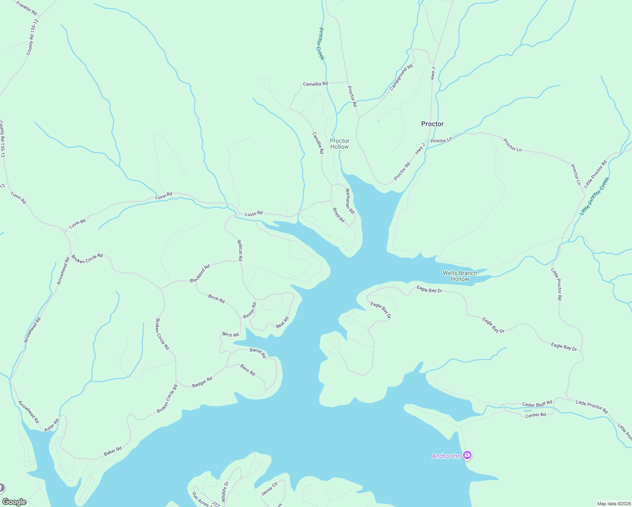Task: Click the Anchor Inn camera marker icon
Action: coord(467,455)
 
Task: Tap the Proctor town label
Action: coord(432,124)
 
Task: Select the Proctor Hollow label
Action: coord(340,144)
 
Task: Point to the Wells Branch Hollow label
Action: coord(460,276)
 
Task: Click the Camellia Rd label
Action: coord(315,84)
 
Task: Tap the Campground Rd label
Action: coord(401,77)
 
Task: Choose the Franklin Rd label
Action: coord(27,8)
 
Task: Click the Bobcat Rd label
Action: coord(240,250)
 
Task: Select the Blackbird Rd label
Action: coord(200,274)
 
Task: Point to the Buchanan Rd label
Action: coord(350,201)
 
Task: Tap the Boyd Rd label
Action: coord(338,215)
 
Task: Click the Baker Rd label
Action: coord(113,452)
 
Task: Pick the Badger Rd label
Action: coord(202,382)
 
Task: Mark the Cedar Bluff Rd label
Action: coord(537,404)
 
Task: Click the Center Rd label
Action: coord(535,415)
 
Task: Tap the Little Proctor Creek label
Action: coord(594,196)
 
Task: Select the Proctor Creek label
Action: coord(321,44)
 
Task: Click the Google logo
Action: coord(14,502)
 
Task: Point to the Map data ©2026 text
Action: coord(613,504)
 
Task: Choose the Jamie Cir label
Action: coord(270,488)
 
